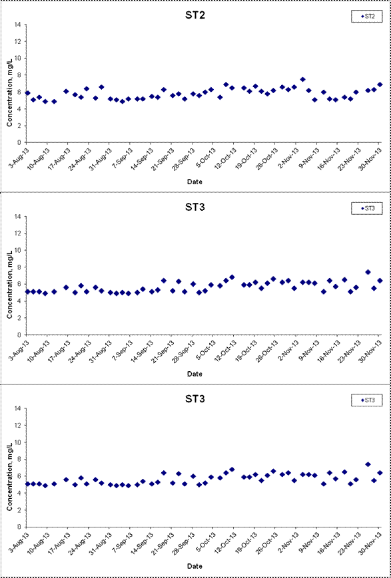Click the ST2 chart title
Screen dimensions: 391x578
[x=195, y=16]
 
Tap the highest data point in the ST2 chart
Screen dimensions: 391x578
[x=303, y=79]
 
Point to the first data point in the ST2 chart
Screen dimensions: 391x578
[x=28, y=93]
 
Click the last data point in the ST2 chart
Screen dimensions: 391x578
[x=380, y=84]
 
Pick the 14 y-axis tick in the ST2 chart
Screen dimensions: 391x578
[x=19, y=25]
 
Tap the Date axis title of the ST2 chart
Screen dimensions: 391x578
[x=195, y=182]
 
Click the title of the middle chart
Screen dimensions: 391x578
[x=195, y=208]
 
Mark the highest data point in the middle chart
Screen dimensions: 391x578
[x=368, y=272]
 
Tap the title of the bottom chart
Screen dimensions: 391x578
[x=195, y=400]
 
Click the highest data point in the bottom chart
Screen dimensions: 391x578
[x=368, y=464]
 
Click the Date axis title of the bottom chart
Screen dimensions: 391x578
[x=195, y=566]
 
